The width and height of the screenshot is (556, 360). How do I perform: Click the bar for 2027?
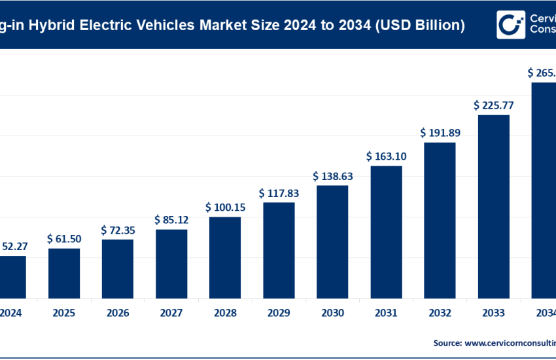click(171, 263)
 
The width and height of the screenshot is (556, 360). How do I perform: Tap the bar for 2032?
click(440, 219)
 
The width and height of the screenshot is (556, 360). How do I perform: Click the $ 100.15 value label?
click(225, 207)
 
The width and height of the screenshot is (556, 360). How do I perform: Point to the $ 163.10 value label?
click(386, 156)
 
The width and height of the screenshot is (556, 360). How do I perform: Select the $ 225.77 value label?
click(493, 105)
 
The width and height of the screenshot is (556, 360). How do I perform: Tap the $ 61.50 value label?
click(64, 239)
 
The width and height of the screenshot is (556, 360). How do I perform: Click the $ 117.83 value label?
click(279, 193)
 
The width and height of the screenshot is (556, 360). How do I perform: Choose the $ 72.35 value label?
click(118, 230)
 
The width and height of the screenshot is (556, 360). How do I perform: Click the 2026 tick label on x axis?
click(118, 313)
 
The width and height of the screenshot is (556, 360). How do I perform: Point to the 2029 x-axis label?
click(279, 313)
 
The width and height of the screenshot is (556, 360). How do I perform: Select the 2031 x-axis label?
click(386, 313)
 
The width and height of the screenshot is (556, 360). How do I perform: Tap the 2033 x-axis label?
click(493, 313)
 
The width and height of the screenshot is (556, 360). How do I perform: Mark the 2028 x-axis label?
click(225, 313)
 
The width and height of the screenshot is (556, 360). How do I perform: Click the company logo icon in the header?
click(510, 25)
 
